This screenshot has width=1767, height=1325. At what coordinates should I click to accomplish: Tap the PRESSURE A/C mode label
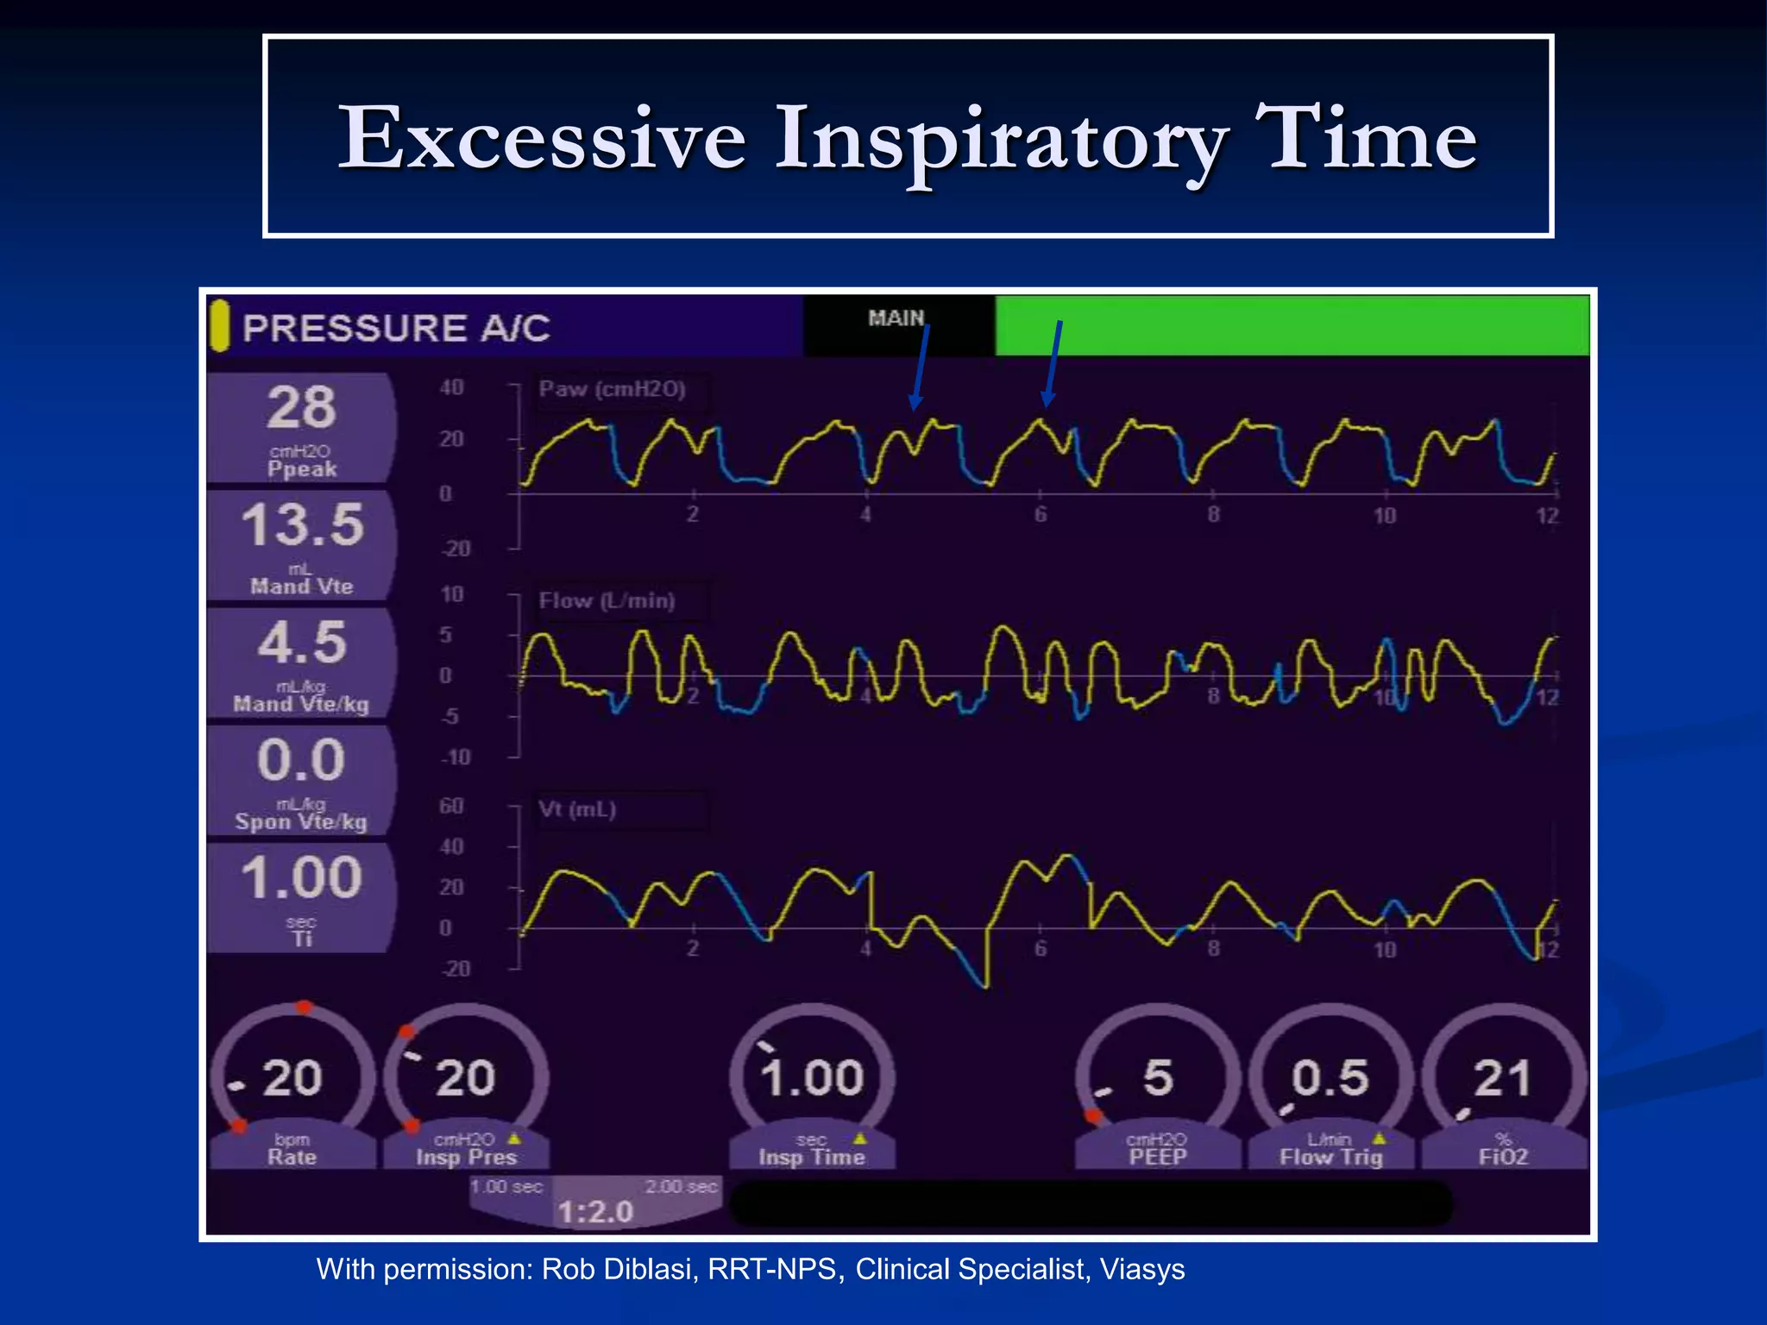point(396,329)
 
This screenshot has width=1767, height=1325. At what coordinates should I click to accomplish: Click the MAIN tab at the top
point(896,318)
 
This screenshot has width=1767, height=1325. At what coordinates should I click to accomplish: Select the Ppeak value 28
point(301,407)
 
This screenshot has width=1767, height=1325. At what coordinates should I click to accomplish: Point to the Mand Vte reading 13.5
point(302,524)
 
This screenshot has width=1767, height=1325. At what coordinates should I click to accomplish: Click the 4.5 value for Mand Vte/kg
point(302,643)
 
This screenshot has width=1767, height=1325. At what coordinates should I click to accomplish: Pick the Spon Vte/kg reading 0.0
point(301,760)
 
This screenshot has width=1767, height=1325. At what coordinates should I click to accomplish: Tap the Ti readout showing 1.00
point(301,877)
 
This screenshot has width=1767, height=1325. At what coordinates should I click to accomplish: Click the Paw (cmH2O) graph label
point(613,389)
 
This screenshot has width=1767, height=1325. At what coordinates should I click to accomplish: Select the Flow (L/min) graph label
point(607,600)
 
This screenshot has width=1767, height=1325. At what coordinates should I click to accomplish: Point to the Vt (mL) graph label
point(577,810)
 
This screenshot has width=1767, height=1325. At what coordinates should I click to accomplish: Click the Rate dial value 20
point(292,1078)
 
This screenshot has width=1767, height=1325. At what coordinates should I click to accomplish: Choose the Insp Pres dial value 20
point(465,1078)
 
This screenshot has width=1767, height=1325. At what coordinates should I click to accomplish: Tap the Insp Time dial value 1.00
point(812,1078)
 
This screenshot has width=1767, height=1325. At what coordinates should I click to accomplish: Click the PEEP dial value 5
point(1158,1078)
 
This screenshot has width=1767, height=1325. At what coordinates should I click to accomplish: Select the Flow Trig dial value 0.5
point(1330,1078)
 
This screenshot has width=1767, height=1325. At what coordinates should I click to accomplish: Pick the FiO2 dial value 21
point(1502,1078)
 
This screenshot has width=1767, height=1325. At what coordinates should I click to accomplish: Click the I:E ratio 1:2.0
point(595,1212)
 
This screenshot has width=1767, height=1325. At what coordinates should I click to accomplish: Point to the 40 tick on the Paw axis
point(451,388)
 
